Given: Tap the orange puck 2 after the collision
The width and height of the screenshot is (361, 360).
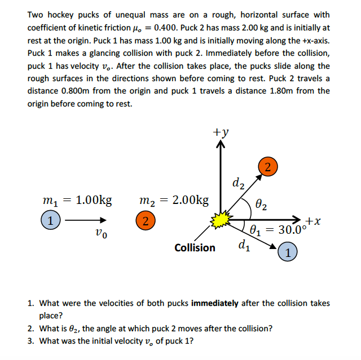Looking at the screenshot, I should pyautogui.click(x=268, y=166).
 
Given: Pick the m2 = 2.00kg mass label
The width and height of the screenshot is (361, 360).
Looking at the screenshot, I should pyautogui.click(x=174, y=200).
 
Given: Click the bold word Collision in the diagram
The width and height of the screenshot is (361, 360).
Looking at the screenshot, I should pyautogui.click(x=195, y=247).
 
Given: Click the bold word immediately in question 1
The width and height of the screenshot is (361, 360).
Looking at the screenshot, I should pyautogui.click(x=215, y=303).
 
